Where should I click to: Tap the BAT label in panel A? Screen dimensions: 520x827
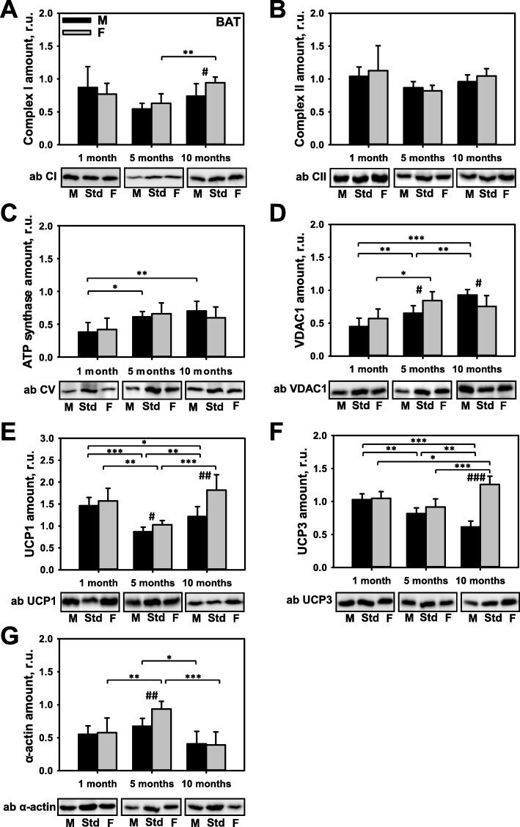pyautogui.click(x=228, y=22)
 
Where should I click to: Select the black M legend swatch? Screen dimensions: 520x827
pyautogui.click(x=78, y=20)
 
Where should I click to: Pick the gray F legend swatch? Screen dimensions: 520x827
pyautogui.click(x=78, y=33)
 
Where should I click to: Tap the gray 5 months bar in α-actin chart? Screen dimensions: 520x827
pyautogui.click(x=161, y=740)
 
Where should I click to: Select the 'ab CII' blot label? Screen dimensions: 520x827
pyautogui.click(x=310, y=176)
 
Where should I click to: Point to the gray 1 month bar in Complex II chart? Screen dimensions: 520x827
pyautogui.click(x=378, y=107)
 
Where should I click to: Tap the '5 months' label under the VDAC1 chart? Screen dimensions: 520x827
pyautogui.click(x=422, y=370)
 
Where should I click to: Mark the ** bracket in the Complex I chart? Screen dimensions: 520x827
pyautogui.click(x=188, y=57)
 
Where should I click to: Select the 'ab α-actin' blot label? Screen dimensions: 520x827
pyautogui.click(x=29, y=807)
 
